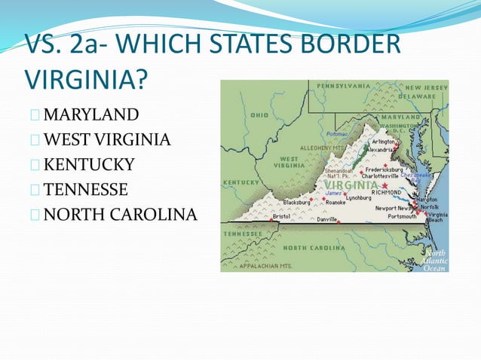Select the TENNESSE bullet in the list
[86, 188]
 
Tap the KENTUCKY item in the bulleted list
[89, 163]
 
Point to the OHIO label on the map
[259, 115]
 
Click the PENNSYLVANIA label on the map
[344, 86]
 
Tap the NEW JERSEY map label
[427, 88]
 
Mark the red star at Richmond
[384, 185]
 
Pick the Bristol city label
[281, 216]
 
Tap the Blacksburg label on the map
[296, 202]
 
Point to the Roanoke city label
[335, 202]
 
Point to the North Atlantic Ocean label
[435, 260]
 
